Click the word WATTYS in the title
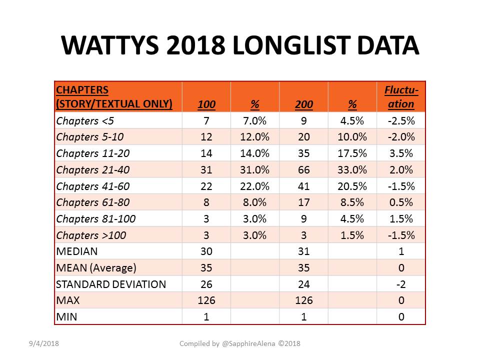coord(110,45)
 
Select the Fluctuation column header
coord(401,96)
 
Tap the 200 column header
coord(303,104)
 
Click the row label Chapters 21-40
coord(93,169)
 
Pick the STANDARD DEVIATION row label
coord(111,284)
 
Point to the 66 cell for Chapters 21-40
coord(303,169)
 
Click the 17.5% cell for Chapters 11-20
coord(352,153)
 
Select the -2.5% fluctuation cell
coord(401,120)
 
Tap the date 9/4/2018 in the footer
coord(44,343)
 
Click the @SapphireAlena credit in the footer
coord(248,344)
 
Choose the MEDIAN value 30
coord(206,251)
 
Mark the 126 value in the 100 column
coord(206,300)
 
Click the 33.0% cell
coord(352,169)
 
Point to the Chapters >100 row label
coord(91,235)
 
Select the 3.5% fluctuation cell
coord(401,153)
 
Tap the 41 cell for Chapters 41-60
coord(303,186)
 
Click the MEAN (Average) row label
coord(96,268)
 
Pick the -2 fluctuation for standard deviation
coord(401,284)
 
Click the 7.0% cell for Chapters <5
coord(254,120)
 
